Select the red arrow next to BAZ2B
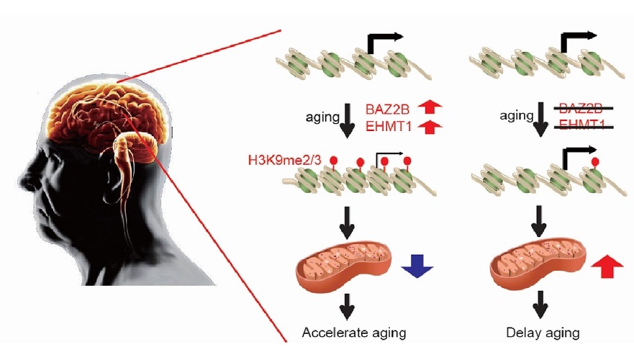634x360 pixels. tap(428, 109)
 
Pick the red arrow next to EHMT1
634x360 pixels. tap(428, 127)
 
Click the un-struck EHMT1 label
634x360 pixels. tap(389, 127)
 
